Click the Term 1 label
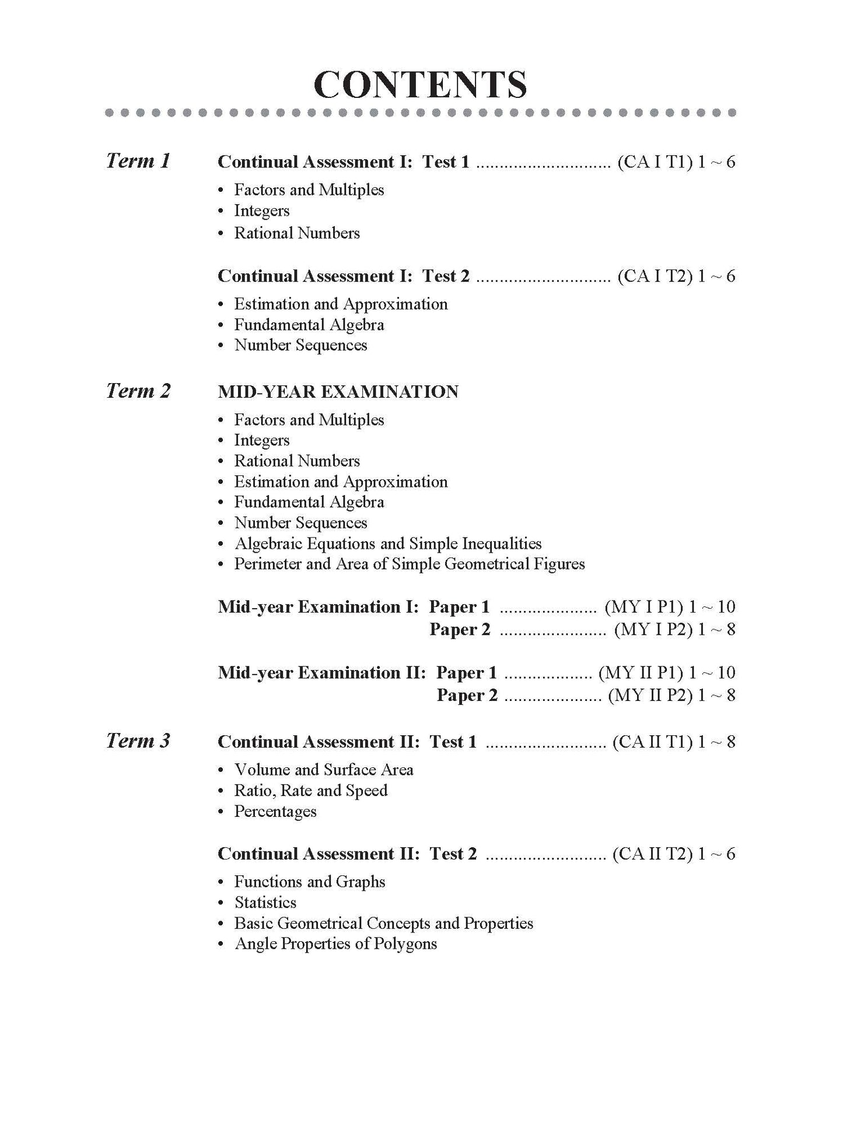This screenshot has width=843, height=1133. click(x=138, y=160)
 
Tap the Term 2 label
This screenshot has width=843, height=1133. click(x=138, y=391)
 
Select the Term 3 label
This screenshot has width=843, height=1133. click(x=138, y=741)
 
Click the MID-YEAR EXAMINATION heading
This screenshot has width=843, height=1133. click(x=338, y=391)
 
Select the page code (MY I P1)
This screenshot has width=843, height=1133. click(x=643, y=607)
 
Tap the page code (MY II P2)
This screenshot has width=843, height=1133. click(x=649, y=695)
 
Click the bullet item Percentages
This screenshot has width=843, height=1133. click(x=275, y=811)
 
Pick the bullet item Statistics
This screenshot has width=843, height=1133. click(x=265, y=902)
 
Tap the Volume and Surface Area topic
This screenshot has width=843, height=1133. click(x=323, y=770)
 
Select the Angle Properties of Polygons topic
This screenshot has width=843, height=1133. click(x=335, y=943)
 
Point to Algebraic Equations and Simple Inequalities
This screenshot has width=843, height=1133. click(x=387, y=543)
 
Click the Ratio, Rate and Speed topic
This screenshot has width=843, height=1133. click(x=310, y=791)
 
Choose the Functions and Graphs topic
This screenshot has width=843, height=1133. click(x=309, y=882)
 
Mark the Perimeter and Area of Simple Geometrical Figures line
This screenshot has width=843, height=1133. click(x=409, y=564)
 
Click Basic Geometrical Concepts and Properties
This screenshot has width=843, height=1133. click(x=383, y=923)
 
